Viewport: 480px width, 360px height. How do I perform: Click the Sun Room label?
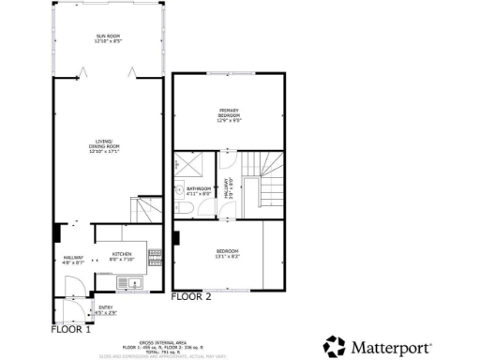[x=109, y=38]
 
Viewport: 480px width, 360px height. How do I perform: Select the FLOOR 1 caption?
[x=71, y=329]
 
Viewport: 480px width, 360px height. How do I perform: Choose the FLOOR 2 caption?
[x=191, y=297]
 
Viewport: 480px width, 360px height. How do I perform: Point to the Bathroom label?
[x=199, y=190]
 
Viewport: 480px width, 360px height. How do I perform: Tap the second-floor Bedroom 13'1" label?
[x=228, y=253]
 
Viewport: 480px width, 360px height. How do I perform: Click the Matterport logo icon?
[x=335, y=347]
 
